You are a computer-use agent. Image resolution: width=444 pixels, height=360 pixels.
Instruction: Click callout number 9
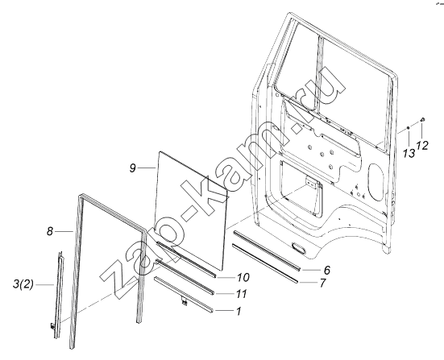(133, 168)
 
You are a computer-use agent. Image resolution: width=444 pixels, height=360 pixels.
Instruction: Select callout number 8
(50, 231)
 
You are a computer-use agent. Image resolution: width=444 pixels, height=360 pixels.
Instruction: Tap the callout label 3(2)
(23, 284)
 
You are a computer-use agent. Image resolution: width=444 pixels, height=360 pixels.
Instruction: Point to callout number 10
(243, 278)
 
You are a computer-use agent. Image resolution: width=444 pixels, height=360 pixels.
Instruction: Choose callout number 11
(242, 294)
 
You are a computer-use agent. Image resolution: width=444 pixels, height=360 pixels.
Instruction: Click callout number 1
(239, 311)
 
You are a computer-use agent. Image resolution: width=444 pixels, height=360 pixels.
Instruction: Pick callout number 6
(327, 270)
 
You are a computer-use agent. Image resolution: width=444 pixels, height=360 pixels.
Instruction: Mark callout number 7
(322, 283)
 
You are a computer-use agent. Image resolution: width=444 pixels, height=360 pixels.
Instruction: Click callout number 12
(422, 146)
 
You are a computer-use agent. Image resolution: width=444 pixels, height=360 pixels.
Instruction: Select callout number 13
(409, 154)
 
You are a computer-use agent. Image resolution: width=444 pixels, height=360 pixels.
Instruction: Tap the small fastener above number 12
(422, 120)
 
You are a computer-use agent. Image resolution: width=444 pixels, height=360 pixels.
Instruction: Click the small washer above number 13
(409, 128)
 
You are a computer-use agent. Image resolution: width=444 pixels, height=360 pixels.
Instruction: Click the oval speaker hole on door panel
(376, 182)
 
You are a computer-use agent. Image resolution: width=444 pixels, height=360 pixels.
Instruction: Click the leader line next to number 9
(147, 168)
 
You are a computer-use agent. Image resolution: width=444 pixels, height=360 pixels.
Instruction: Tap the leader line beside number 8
(64, 231)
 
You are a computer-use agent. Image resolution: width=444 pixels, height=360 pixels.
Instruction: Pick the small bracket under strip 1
(184, 302)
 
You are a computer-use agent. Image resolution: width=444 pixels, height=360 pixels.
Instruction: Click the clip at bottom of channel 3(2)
(52, 326)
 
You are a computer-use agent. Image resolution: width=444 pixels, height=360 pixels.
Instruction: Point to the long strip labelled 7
(265, 263)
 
